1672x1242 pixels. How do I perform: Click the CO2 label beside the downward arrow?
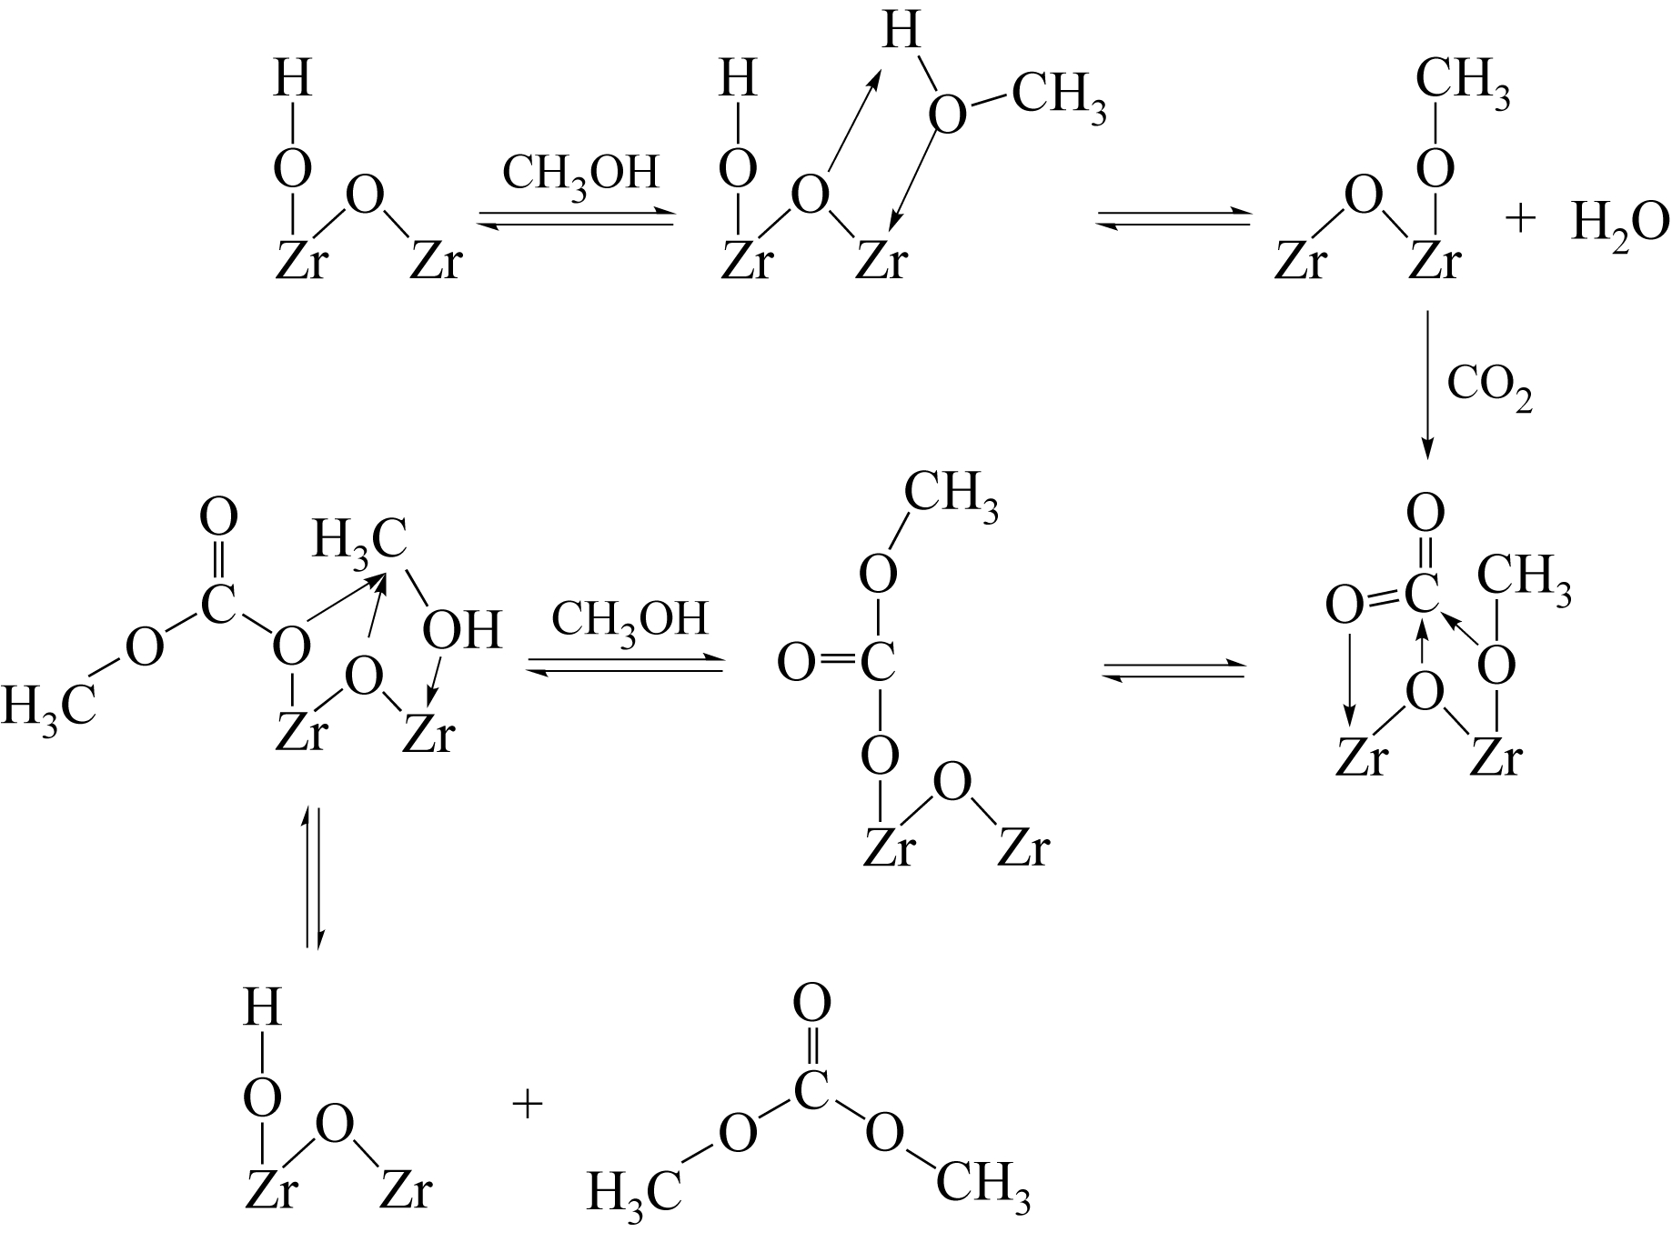point(1489,389)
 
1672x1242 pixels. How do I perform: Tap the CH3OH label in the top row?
point(580,173)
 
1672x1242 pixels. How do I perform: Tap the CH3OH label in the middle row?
point(630,620)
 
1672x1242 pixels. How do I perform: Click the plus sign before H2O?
point(1520,219)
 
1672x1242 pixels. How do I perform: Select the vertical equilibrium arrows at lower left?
point(313,876)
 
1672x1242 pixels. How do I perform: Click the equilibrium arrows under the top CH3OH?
point(577,219)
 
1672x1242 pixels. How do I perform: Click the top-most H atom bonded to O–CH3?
point(901,34)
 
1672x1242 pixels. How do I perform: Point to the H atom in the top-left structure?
point(292,79)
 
